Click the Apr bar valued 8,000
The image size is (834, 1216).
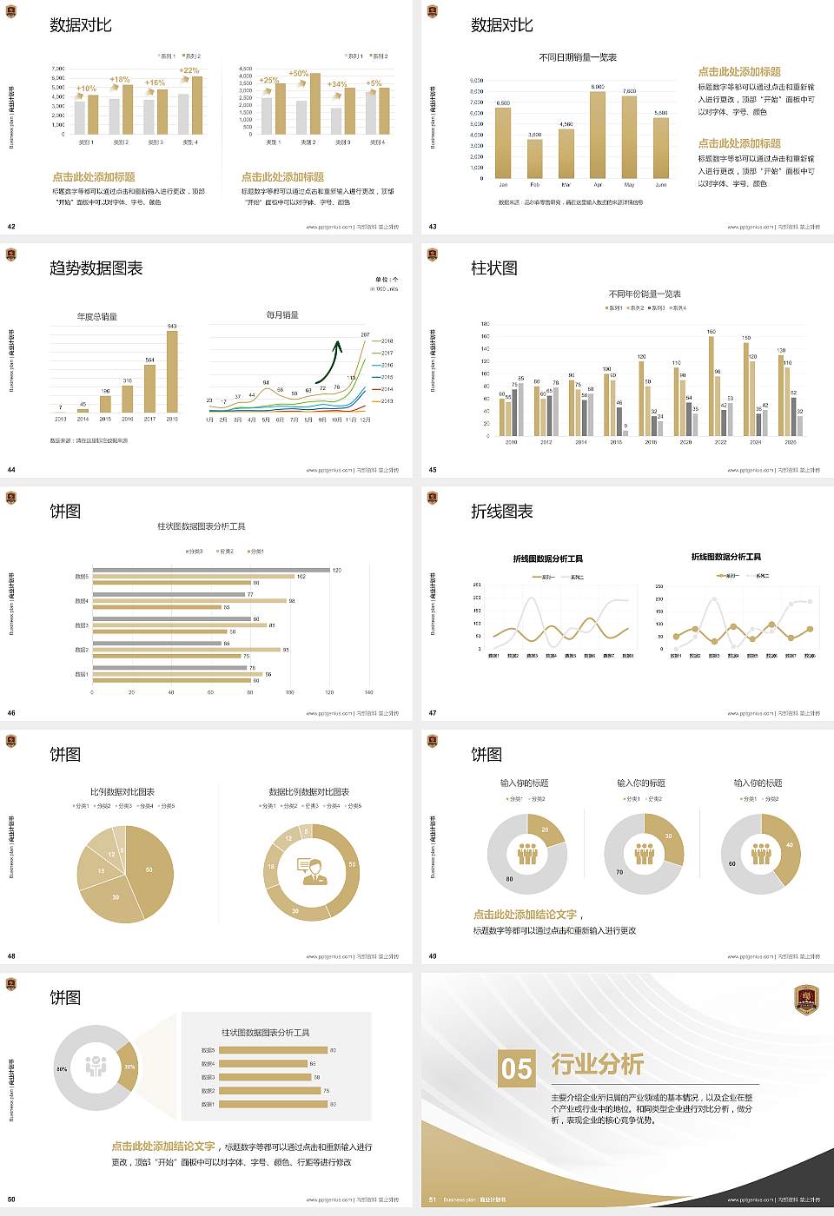(x=598, y=135)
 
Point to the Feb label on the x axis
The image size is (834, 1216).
(x=534, y=185)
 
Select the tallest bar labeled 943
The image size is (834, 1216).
(x=172, y=372)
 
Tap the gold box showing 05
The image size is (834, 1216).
(x=517, y=1067)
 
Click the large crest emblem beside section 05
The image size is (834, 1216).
(x=807, y=1000)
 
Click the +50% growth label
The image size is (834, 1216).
(x=298, y=74)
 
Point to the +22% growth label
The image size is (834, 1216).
(x=189, y=70)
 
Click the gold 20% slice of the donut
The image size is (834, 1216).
(x=129, y=1067)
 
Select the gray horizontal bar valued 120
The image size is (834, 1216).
(x=211, y=570)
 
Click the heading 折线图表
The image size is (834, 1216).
(x=501, y=512)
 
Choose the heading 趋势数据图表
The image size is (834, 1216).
(x=96, y=268)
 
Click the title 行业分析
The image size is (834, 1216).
(x=598, y=1064)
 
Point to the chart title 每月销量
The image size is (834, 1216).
(x=282, y=314)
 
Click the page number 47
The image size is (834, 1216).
(x=433, y=713)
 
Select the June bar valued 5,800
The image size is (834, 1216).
(x=661, y=148)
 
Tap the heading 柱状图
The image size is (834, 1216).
(x=493, y=268)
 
